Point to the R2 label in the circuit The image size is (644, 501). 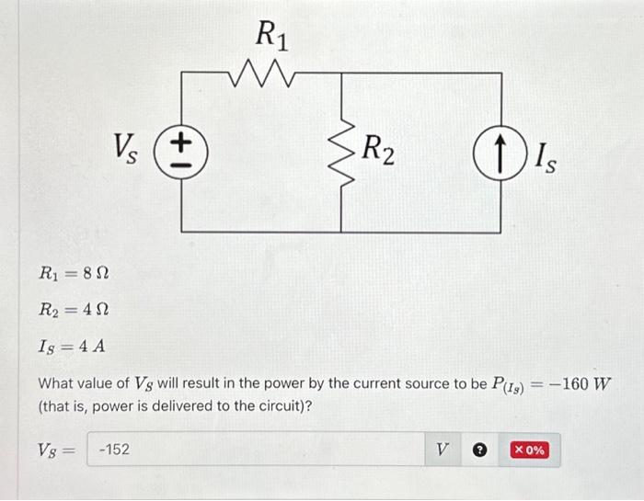[x=378, y=151]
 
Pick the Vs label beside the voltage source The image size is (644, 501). [x=127, y=147]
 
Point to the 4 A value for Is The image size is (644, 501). [x=89, y=347]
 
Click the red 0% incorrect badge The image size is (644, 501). [x=531, y=450]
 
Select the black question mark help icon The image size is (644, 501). [x=478, y=450]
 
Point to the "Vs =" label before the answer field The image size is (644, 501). [x=56, y=450]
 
